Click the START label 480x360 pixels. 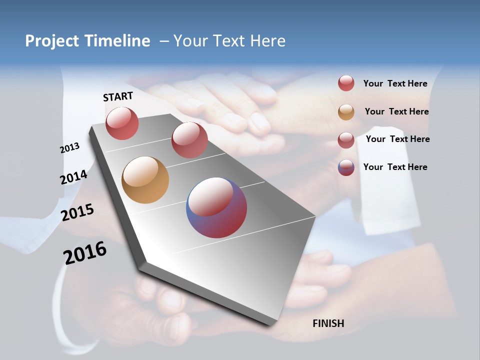[118, 96]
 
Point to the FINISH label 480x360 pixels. [328, 323]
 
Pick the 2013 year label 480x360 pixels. [69, 148]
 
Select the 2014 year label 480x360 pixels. [73, 177]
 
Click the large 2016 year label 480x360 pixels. [85, 253]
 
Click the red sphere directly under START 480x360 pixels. [122, 123]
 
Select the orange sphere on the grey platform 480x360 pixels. [145, 180]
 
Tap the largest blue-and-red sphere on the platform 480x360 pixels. [216, 207]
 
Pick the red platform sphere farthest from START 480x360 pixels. [189, 140]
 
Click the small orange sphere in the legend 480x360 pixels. [346, 112]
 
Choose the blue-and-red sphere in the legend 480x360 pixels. [346, 167]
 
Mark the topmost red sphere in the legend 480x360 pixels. [346, 83]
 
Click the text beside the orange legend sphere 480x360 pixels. [396, 111]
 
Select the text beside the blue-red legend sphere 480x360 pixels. [395, 167]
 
